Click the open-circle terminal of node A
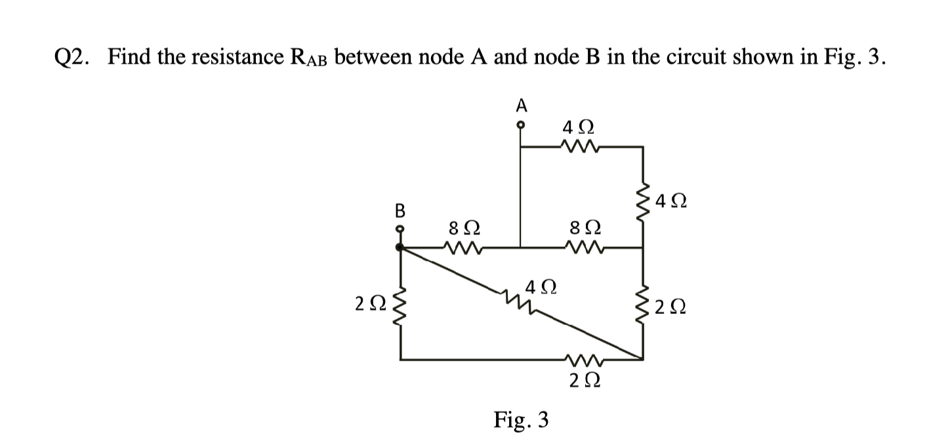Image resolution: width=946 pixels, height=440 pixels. point(521,124)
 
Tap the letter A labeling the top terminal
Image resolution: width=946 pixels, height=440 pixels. point(521,104)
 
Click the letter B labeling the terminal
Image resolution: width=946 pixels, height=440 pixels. point(398,211)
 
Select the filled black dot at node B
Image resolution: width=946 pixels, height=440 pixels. point(400,248)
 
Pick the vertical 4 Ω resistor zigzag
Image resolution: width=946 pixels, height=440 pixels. point(642,200)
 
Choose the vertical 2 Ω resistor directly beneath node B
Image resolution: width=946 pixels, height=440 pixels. point(400,303)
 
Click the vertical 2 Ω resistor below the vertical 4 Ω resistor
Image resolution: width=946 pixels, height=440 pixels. point(642,303)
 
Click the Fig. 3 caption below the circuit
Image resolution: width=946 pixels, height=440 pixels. point(522,418)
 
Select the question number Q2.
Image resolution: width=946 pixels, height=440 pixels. point(73,58)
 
